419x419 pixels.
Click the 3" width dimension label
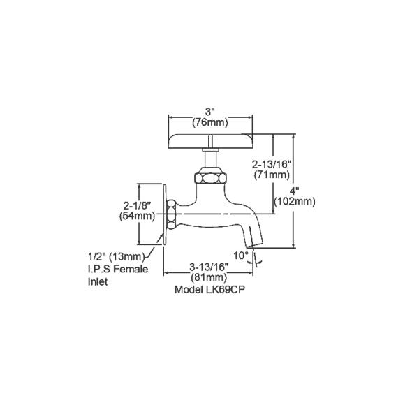[210, 110]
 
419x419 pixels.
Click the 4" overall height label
[295, 191]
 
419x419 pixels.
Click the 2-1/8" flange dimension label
[137, 206]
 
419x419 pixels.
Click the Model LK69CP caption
[212, 287]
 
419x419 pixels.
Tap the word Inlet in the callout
[98, 283]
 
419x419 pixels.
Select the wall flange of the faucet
[169, 214]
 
